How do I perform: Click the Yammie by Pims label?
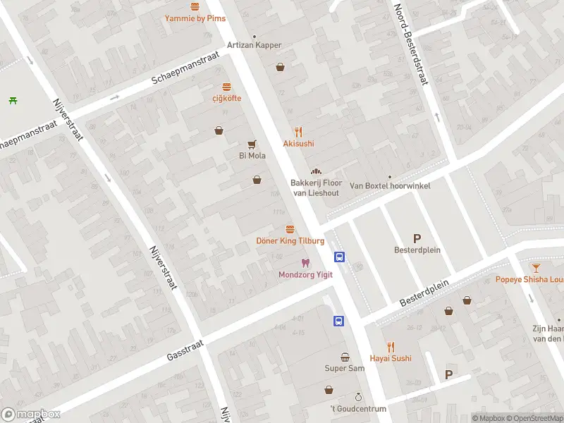[195, 18]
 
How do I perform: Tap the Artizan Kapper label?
[254, 45]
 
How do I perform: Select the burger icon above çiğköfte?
[226, 87]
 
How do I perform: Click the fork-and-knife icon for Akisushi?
[298, 131]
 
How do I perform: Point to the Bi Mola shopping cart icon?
[252, 144]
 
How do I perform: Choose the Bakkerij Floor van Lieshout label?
[316, 188]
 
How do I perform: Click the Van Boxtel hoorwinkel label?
[390, 186]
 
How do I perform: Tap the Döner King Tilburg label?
[290, 240]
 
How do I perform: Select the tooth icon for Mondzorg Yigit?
[305, 262]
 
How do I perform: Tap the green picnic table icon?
[13, 100]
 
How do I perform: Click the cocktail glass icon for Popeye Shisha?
[536, 267]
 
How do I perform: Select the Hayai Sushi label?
[390, 358]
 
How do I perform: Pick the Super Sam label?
[345, 368]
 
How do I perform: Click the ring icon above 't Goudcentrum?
[358, 398]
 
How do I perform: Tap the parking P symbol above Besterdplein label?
[417, 238]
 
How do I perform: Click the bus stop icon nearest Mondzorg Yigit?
[339, 257]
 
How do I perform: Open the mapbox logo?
[30, 415]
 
